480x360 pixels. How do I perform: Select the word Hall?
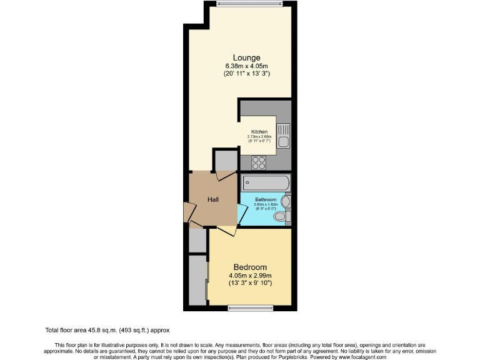(213, 200)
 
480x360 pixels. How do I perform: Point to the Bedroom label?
(250, 267)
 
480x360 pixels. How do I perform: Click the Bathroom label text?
(266, 200)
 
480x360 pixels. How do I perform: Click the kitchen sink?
(284, 136)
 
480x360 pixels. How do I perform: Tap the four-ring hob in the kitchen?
(259, 162)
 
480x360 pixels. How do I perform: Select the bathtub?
(266, 184)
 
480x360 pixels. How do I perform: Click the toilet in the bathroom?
(283, 216)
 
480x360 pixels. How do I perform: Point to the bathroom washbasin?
(286, 201)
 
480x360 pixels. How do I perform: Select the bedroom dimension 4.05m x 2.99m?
(250, 276)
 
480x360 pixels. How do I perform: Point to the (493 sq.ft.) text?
(137, 330)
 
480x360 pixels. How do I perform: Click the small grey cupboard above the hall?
(225, 161)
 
